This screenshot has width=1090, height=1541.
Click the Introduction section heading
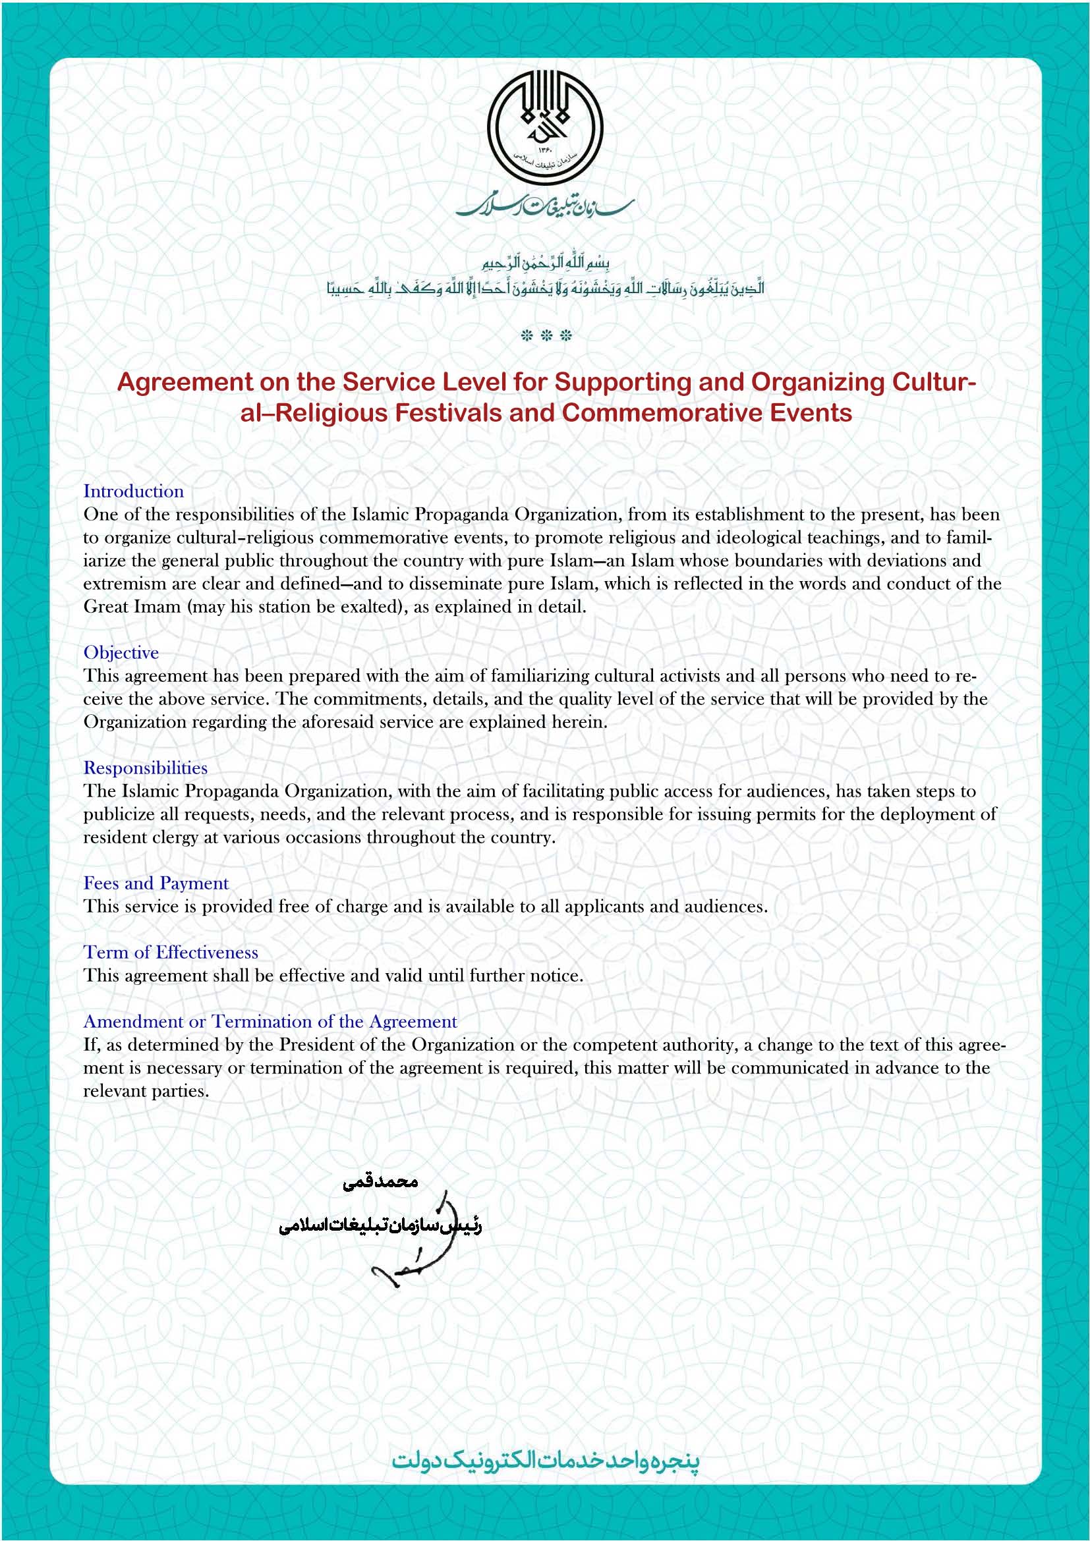[134, 491]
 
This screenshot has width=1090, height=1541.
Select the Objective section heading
[121, 652]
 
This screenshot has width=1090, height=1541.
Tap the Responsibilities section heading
[145, 768]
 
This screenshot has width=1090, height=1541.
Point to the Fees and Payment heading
[156, 883]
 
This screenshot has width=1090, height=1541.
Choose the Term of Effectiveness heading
[171, 952]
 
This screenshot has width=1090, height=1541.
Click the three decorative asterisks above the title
[546, 335]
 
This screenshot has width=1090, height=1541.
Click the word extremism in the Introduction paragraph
[121, 583]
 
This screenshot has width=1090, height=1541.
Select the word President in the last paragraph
[314, 1044]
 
